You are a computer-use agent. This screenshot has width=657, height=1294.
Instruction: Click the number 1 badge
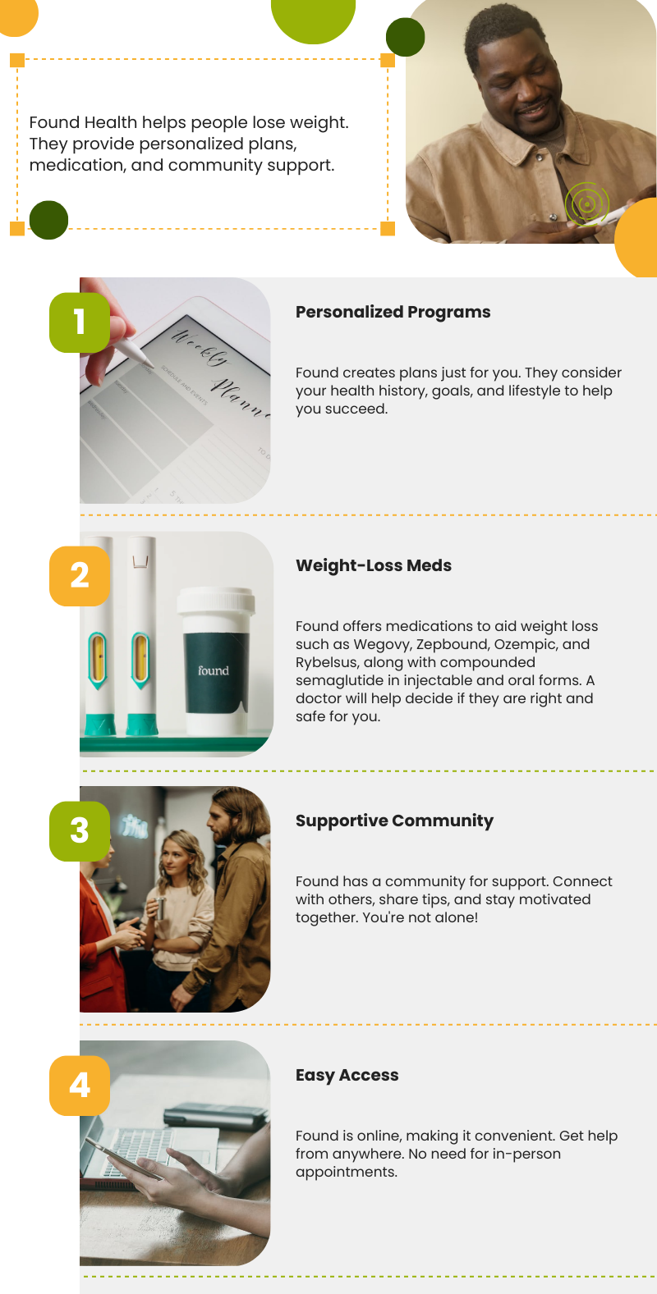[x=80, y=322]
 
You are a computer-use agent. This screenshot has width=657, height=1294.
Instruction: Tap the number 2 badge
[x=80, y=576]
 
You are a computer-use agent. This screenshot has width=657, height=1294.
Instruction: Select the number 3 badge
[x=80, y=830]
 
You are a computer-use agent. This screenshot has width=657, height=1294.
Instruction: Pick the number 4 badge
[x=80, y=1086]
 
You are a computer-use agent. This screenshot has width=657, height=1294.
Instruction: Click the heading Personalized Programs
[x=393, y=312]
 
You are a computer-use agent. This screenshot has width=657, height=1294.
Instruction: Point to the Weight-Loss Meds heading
[x=374, y=565]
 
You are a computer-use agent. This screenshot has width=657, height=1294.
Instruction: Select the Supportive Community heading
[x=394, y=821]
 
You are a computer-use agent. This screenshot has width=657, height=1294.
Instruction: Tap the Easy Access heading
[x=347, y=1075]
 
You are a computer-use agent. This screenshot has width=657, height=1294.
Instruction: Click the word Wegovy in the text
[x=381, y=644]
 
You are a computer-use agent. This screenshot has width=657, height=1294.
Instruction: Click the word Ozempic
[x=526, y=644]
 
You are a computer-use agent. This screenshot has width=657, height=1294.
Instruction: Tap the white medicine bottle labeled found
[x=216, y=661]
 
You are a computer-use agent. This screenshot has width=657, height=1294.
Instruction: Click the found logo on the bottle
[x=214, y=670]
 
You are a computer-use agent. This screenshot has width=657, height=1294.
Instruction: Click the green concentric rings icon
[x=586, y=203]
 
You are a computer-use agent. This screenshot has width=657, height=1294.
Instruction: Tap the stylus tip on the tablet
[x=148, y=361]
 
